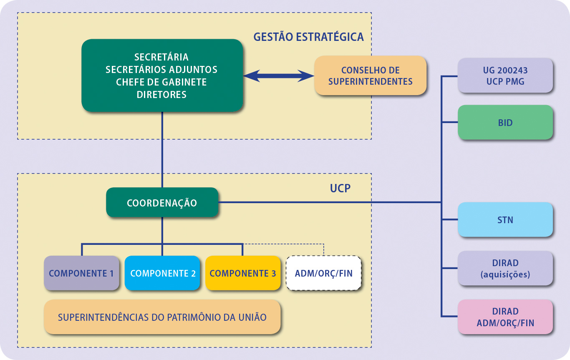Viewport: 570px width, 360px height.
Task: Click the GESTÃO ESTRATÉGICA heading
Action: point(308,37)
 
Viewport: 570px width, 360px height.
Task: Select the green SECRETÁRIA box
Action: point(162,75)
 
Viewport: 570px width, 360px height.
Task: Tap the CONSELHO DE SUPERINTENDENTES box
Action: point(370,76)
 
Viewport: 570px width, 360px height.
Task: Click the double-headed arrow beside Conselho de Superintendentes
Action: point(278,76)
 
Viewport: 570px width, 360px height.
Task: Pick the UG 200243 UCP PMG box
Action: point(505,75)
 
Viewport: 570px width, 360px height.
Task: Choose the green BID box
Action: point(505,123)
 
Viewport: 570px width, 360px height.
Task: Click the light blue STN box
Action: point(505,220)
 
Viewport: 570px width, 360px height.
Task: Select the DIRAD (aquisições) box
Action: point(505,268)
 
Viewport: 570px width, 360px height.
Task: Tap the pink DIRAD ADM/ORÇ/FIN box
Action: point(505,317)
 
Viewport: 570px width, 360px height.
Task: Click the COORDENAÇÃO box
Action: point(162,203)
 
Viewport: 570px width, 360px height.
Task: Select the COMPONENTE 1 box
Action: point(81,273)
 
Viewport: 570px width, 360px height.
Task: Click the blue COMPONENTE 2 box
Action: point(162,273)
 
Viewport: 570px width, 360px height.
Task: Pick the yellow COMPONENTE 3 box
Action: point(242,273)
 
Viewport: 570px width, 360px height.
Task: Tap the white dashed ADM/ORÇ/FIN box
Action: point(323,274)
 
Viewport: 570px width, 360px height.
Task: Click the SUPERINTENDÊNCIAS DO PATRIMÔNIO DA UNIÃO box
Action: point(162,317)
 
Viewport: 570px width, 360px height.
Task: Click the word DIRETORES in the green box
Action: point(161,95)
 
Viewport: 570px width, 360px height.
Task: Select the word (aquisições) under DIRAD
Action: point(505,274)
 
